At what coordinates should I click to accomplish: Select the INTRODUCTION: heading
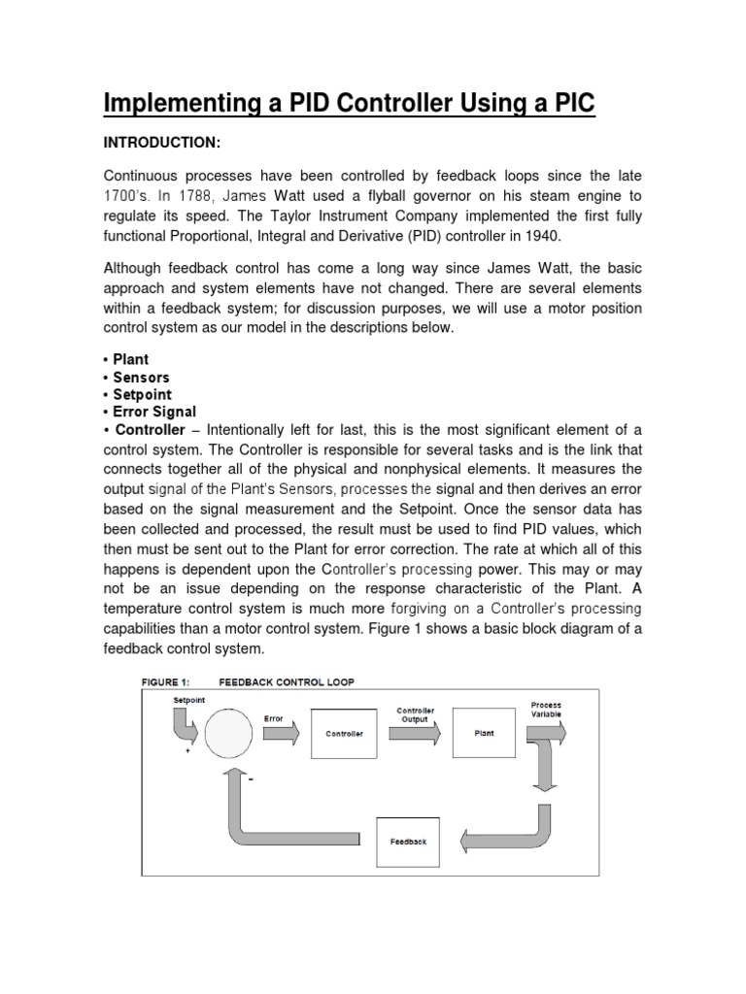[162, 144]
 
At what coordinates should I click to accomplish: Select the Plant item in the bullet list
[130, 359]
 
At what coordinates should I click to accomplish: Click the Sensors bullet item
[141, 377]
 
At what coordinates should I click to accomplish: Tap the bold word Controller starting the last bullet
[150, 429]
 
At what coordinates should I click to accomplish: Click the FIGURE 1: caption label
[173, 682]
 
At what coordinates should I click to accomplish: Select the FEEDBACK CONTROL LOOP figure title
[287, 682]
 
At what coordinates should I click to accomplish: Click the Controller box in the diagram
[344, 734]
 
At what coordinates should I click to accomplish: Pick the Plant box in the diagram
[484, 734]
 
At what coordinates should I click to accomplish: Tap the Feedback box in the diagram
[408, 841]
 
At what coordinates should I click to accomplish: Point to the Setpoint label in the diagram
[188, 699]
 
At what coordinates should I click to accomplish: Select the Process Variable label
[545, 710]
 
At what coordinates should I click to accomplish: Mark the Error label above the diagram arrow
[274, 718]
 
